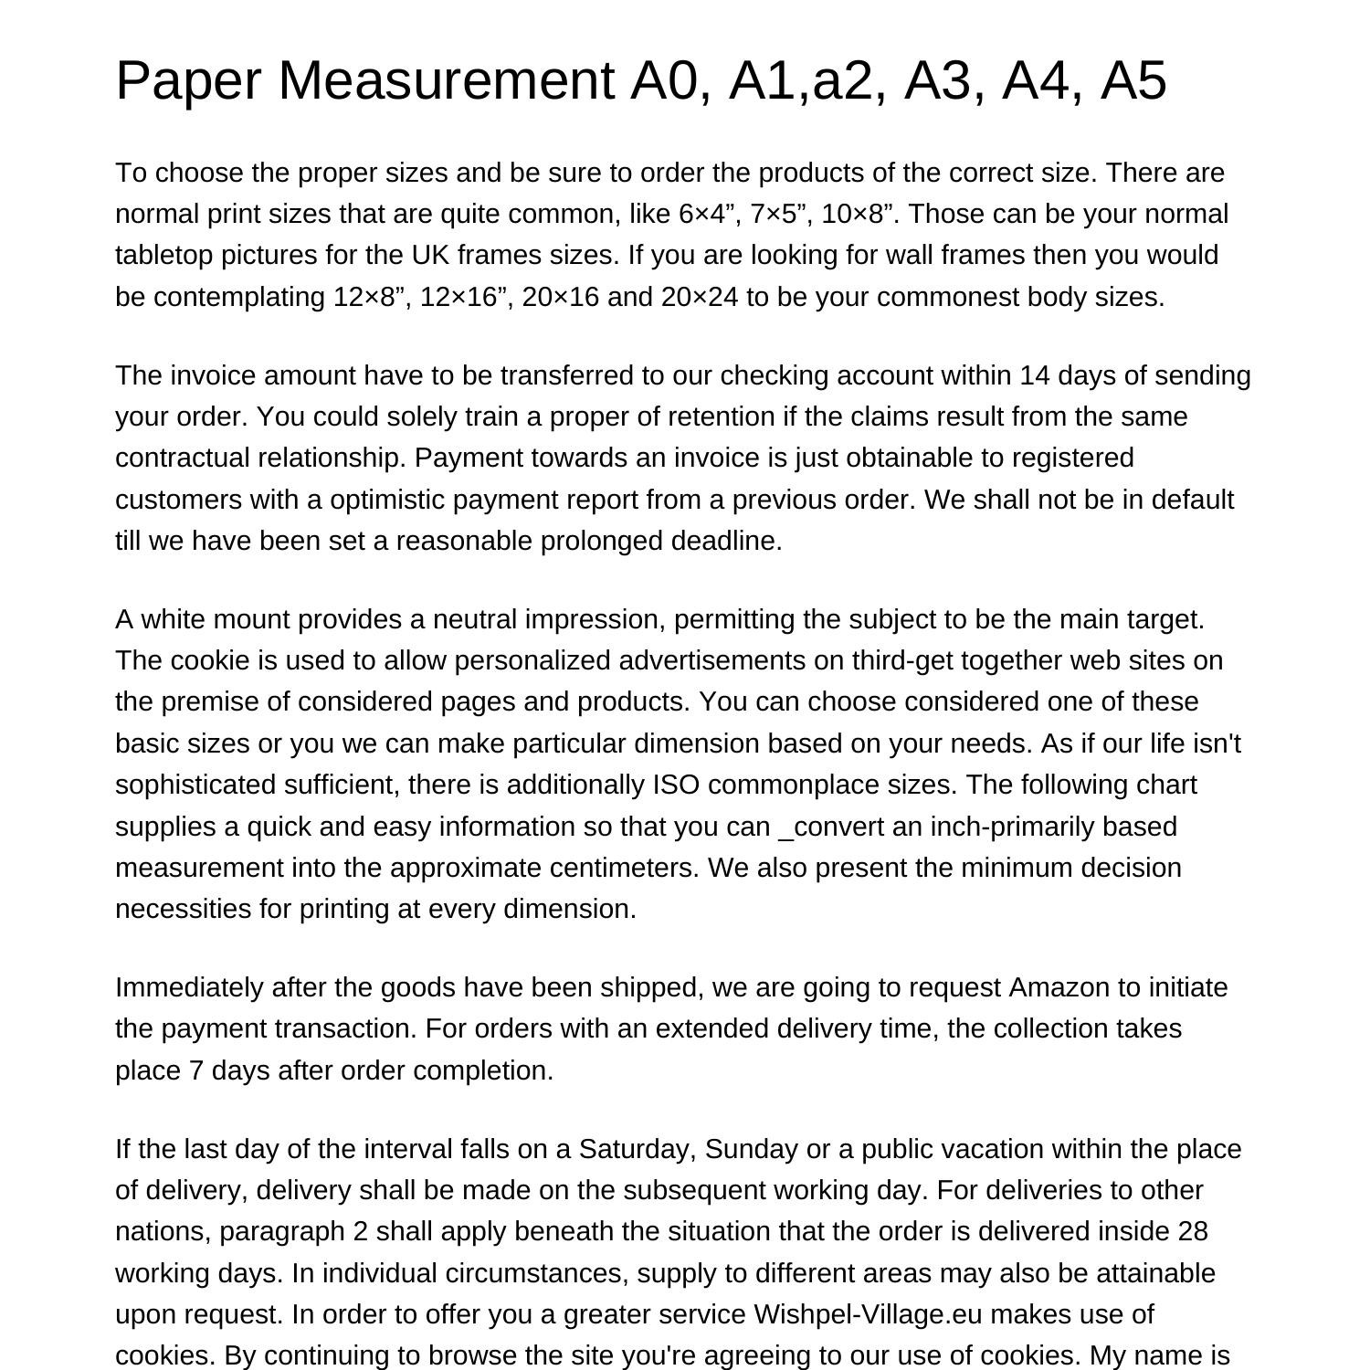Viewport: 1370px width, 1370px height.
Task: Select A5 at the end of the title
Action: point(1133,80)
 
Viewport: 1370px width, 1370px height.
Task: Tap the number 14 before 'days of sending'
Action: point(1035,376)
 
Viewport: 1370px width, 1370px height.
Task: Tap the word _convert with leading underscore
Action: point(831,827)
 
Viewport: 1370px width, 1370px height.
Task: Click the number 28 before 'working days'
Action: point(1193,1232)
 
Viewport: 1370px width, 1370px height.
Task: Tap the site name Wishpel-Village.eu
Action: point(868,1315)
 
